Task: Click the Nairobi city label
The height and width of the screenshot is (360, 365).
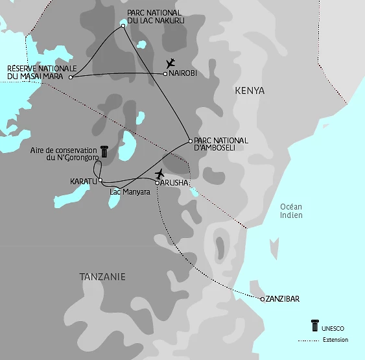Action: tap(183, 74)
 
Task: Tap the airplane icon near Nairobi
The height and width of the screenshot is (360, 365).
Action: tap(171, 63)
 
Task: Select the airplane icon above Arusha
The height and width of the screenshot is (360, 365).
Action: tap(160, 173)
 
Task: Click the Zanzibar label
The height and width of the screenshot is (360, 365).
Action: tap(284, 300)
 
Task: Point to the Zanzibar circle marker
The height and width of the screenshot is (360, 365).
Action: tap(262, 299)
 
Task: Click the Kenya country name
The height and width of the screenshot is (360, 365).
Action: tap(250, 91)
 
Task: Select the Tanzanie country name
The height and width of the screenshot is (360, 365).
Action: tap(102, 277)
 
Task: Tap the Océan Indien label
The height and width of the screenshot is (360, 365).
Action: tap(291, 211)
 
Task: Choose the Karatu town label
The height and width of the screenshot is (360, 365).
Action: tap(83, 182)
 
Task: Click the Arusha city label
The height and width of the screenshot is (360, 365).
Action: tap(175, 184)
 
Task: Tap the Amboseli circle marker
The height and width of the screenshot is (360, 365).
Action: tap(189, 141)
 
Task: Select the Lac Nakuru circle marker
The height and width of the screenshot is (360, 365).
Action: tap(123, 26)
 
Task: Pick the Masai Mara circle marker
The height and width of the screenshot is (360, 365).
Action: tap(70, 77)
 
